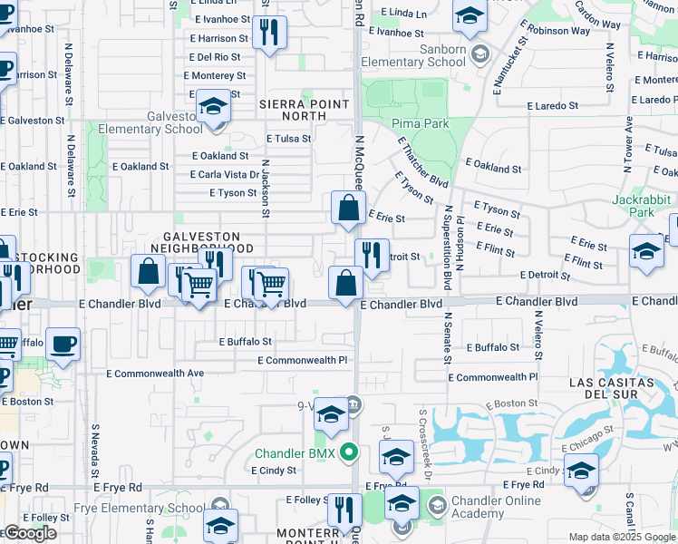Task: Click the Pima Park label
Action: pyautogui.click(x=421, y=122)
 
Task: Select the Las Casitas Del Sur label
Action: pyautogui.click(x=624, y=389)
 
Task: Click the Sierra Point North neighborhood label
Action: pyautogui.click(x=305, y=110)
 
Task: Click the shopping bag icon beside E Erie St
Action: pyautogui.click(x=348, y=209)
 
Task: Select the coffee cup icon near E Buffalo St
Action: pyautogui.click(x=63, y=345)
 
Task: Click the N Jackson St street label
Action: pyautogui.click(x=266, y=189)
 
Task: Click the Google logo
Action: pyautogui.click(x=29, y=533)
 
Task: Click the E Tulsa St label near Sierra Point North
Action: pyautogui.click(x=288, y=139)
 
